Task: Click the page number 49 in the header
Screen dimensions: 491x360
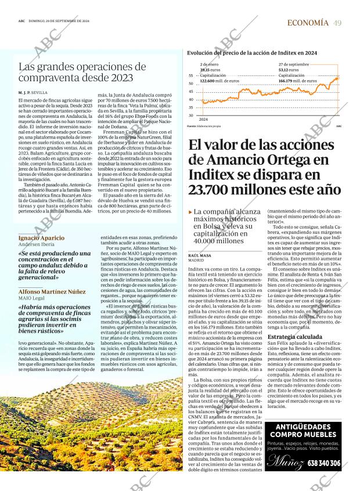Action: pos(337,23)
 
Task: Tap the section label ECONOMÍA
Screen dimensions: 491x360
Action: pos(308,23)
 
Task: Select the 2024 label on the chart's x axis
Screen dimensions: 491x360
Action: pos(203,119)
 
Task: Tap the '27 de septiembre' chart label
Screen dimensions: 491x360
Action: pos(294,64)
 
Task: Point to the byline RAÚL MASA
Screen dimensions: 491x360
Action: pos(200,255)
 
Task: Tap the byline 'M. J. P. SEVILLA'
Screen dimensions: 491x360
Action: pos(33,92)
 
